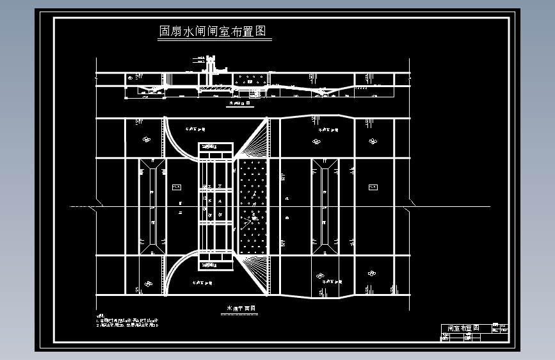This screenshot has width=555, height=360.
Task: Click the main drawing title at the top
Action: pos(212,31)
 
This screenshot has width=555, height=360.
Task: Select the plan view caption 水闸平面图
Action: pos(240,309)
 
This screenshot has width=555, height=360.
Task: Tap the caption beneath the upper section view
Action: pos(237,102)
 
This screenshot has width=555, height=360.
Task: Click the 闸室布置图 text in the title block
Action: pos(460,328)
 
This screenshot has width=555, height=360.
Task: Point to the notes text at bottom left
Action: pos(127,322)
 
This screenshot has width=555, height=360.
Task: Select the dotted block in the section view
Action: pos(251,80)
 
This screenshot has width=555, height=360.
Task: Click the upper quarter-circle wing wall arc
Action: pos(179,138)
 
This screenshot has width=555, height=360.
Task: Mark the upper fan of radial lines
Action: pos(256,140)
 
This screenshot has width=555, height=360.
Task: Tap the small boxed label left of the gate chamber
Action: pos(177,187)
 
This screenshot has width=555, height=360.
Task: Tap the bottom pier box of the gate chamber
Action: pos(214,263)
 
